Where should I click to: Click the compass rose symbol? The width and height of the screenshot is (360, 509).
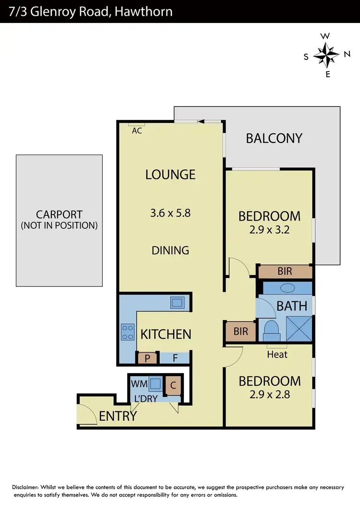coord(326,55)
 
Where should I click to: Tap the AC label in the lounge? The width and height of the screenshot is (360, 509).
coord(137,130)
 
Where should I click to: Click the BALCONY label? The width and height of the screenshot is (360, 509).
coord(274,138)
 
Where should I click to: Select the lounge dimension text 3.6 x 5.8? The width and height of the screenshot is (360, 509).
coord(170,213)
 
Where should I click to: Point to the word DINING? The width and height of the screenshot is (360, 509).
coord(170,250)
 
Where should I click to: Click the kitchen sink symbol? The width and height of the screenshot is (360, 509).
coord(177,302)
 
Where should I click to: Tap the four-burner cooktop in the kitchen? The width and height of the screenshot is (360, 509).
coord(128,332)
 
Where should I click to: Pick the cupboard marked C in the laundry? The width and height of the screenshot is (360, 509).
coord(172,385)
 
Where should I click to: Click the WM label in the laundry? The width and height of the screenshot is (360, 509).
coord(139,384)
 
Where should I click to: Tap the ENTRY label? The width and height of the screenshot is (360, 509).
coord(118,416)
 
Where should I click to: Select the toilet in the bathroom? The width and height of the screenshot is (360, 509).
coord(271,330)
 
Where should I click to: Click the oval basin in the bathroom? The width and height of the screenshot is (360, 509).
coord(287,288)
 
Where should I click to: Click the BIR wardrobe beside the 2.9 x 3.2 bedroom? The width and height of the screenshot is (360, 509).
coord(285,272)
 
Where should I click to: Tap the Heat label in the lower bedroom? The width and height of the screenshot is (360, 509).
coord(277,355)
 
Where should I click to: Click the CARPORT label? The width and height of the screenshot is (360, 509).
coord(59,215)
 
